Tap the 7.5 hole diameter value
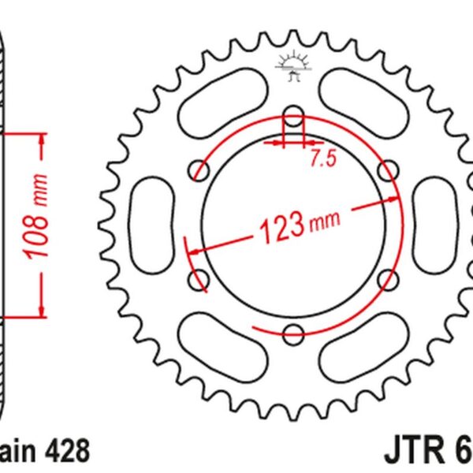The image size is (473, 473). point(322,158)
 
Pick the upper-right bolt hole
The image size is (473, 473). point(387,169)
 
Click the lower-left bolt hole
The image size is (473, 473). point(197,278)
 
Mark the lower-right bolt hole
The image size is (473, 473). point(387,278)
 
